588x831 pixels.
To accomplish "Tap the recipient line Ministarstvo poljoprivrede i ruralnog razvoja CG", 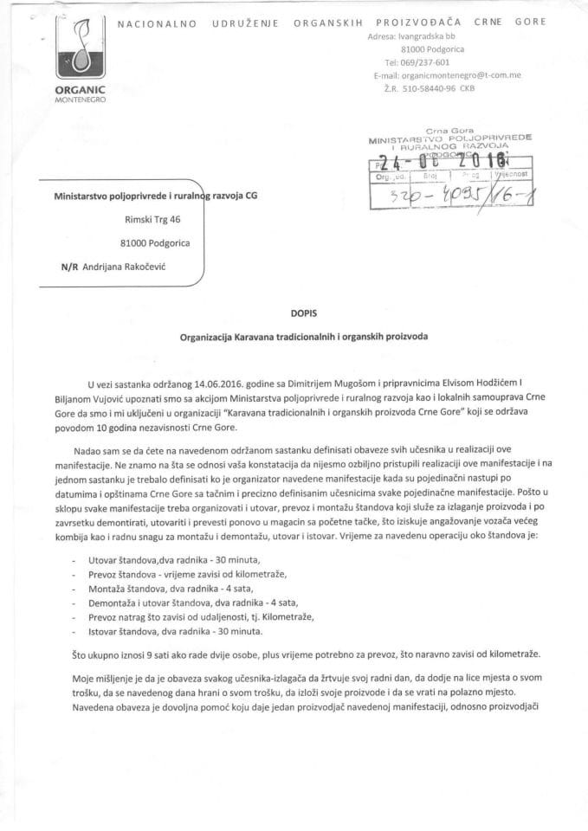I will [156, 196].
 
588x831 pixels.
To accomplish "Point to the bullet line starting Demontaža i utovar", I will [180, 602].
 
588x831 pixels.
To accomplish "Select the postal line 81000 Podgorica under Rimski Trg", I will [155, 243].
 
